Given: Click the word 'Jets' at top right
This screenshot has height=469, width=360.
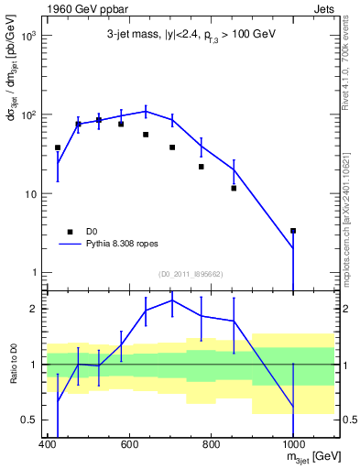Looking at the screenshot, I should pyautogui.click(x=322, y=8).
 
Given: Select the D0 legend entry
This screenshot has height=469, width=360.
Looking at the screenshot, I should pyautogui.click(x=92, y=232).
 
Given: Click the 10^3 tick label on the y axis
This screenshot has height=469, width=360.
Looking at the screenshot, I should pyautogui.click(x=27, y=36).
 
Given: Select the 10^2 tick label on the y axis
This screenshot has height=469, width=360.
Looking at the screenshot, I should pyautogui.click(x=27, y=115).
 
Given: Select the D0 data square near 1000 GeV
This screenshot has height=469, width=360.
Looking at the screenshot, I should pyautogui.click(x=293, y=231).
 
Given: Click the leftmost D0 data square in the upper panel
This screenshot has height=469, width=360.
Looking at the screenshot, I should pyautogui.click(x=58, y=147).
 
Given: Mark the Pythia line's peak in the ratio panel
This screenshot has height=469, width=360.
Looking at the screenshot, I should pyautogui.click(x=172, y=300).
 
